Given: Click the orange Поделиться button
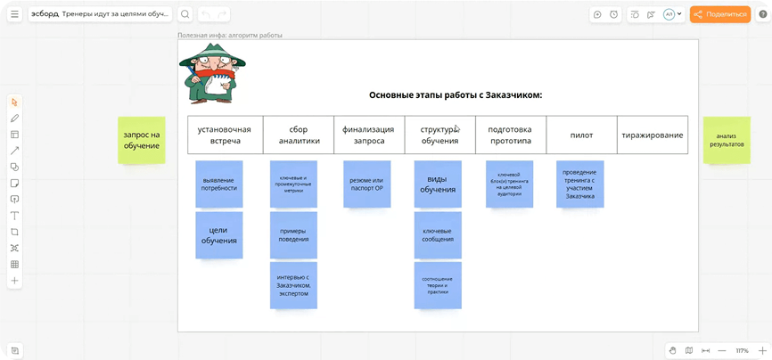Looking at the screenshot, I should (720, 14).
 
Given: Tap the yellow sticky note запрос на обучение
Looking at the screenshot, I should (142, 140).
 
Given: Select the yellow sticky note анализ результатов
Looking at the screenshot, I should (726, 140).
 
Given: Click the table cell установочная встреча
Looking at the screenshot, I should (225, 135).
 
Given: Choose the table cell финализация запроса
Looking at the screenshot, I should (369, 135).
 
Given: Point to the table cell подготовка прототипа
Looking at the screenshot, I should (510, 135).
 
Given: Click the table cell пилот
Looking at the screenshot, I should (581, 135).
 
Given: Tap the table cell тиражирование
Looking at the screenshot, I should (653, 135).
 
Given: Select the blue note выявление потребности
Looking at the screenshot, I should (219, 184).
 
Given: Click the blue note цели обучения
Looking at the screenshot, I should (219, 235).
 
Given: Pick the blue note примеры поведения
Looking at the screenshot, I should (293, 235).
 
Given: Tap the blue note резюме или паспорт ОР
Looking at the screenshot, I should (366, 184).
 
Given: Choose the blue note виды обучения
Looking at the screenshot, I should (438, 184).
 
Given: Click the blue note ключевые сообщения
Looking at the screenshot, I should (438, 235).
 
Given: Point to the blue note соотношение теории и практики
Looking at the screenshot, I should (438, 285).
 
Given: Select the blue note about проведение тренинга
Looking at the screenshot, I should (579, 184).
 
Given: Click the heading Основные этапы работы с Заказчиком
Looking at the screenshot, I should (456, 94).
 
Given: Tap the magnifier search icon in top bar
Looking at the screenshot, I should (185, 14).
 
